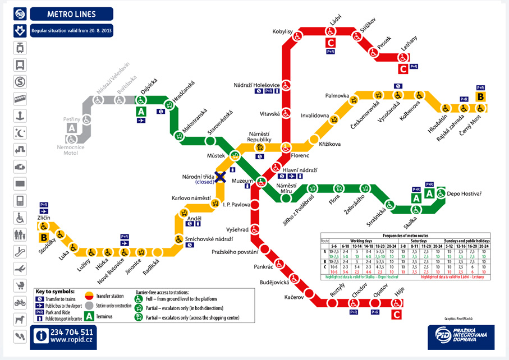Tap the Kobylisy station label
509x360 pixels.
(x=283, y=31)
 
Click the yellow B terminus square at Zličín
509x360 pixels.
(x=43, y=237)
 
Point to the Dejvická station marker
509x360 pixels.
(x=141, y=100)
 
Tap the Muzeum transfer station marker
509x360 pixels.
(x=261, y=181)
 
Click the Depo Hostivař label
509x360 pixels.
(x=464, y=193)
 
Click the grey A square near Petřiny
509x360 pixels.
(x=71, y=128)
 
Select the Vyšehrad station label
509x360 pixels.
(x=237, y=229)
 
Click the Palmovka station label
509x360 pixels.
(x=338, y=96)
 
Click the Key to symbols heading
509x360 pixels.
(x=54, y=292)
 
